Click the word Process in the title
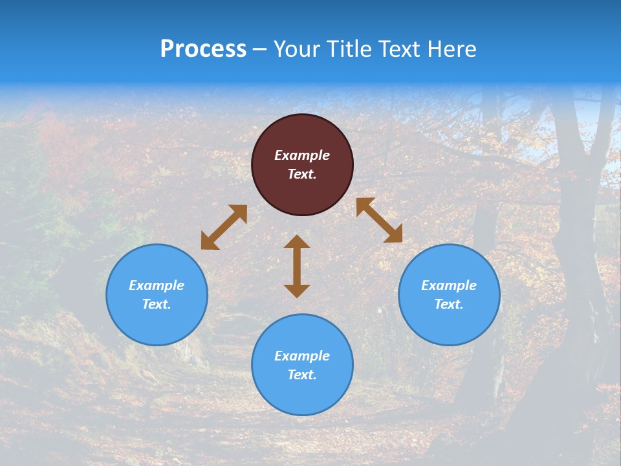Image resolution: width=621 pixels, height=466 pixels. tap(203, 49)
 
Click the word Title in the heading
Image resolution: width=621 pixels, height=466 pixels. tap(348, 49)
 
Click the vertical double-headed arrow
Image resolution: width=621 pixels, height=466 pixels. tap(297, 266)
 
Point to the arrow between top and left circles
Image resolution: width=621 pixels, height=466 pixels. tap(224, 227)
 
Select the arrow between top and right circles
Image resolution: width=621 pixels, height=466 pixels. tap(379, 220)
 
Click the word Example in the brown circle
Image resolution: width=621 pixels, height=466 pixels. tap(302, 155)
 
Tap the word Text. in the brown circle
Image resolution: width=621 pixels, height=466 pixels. tap(302, 174)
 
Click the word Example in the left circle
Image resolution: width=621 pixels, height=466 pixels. tap(157, 285)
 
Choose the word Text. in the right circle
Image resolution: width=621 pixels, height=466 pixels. tap(449, 304)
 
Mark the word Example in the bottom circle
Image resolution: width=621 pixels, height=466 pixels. tap(302, 356)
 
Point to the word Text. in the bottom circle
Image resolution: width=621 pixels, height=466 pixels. tap(302, 375)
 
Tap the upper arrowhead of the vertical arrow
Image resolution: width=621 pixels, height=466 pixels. tap(297, 241)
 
